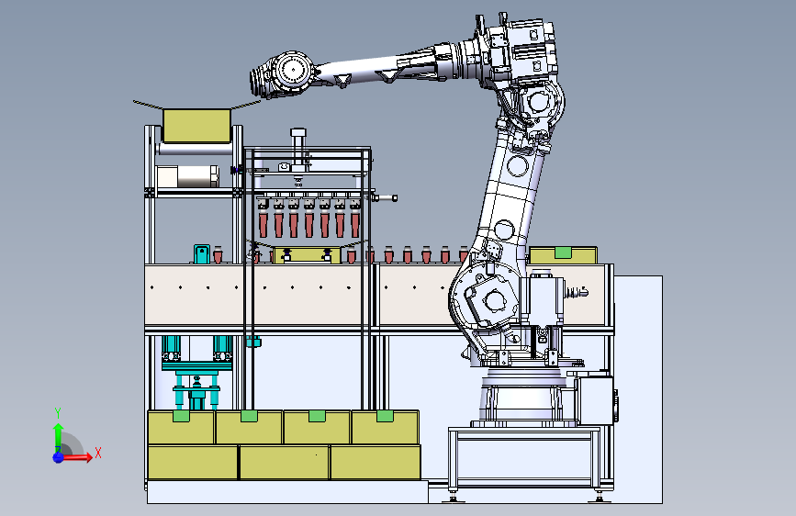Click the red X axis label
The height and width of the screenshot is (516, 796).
pyautogui.click(x=98, y=453)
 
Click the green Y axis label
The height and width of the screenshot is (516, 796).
pyautogui.click(x=58, y=412)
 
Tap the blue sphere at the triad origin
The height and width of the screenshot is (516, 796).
pyautogui.click(x=59, y=457)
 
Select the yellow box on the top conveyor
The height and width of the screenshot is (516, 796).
pyautogui.click(x=197, y=126)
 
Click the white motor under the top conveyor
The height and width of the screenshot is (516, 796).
pyautogui.click(x=187, y=176)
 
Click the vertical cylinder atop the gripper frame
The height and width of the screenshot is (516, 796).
pyautogui.click(x=298, y=146)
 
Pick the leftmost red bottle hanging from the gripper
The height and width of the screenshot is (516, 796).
pyautogui.click(x=263, y=224)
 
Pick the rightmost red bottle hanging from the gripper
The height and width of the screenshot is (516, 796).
pyautogui.click(x=355, y=224)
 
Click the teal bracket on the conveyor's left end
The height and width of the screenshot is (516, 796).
pyautogui.click(x=202, y=253)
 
